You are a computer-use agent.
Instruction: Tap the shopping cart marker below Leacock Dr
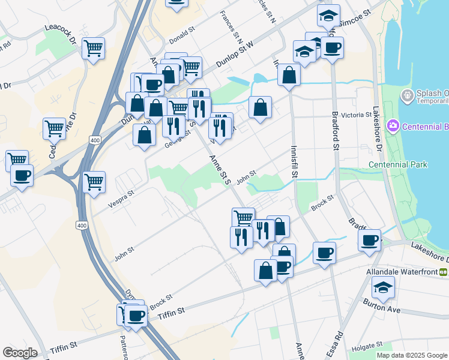coord(94,48)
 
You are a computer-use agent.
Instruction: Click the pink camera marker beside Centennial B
coord(394,125)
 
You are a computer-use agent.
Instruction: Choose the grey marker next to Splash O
coord(408,95)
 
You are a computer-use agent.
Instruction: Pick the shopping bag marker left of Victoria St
coord(260,107)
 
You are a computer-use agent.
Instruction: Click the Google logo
coord(20,353)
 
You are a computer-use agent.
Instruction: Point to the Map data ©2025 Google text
coord(412,355)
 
